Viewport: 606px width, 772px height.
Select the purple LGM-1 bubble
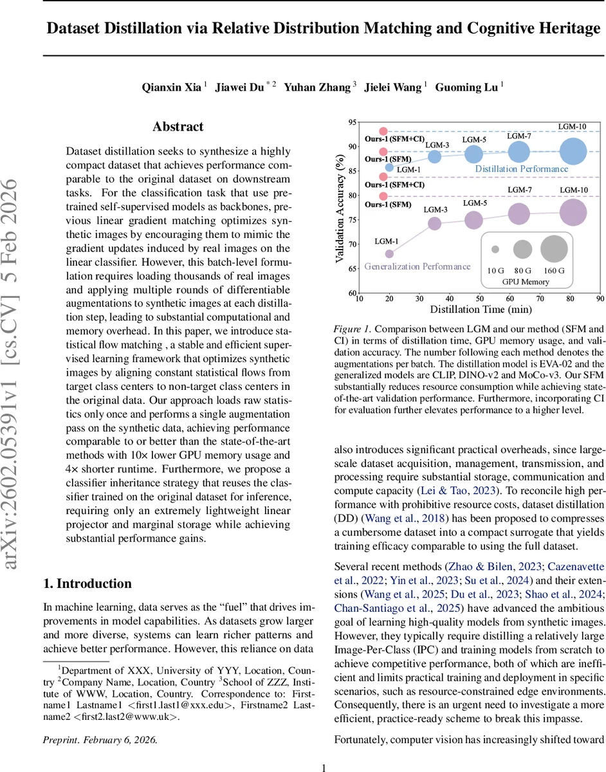(389, 253)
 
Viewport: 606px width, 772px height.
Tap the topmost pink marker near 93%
(383, 131)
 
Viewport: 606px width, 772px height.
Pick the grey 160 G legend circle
(554, 249)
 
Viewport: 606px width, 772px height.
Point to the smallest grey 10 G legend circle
(495, 249)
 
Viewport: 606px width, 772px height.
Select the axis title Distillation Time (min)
(479, 310)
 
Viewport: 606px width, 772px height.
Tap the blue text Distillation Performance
(521, 169)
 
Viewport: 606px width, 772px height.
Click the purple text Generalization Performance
(418, 266)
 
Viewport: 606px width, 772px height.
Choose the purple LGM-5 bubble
(473, 220)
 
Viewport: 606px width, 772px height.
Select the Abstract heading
(178, 127)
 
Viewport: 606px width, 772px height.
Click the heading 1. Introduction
(87, 584)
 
